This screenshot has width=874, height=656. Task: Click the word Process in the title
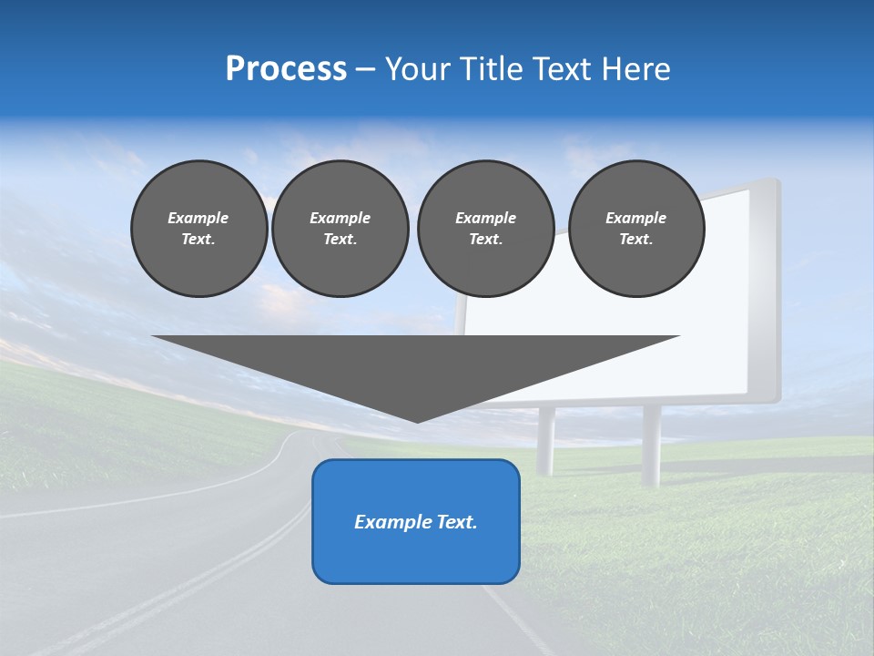[286, 69]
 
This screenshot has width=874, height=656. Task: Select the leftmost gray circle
[199, 229]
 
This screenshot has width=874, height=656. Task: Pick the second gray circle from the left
[340, 229]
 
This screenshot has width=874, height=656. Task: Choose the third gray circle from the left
[485, 229]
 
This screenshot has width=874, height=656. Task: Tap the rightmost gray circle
[636, 229]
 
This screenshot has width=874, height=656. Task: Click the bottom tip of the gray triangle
[417, 420]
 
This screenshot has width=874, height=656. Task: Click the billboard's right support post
[651, 445]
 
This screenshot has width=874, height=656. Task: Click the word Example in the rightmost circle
[636, 218]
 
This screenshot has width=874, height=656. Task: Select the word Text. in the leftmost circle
[198, 240]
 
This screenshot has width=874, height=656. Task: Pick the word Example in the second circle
[340, 218]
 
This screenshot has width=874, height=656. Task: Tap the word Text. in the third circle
[485, 240]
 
